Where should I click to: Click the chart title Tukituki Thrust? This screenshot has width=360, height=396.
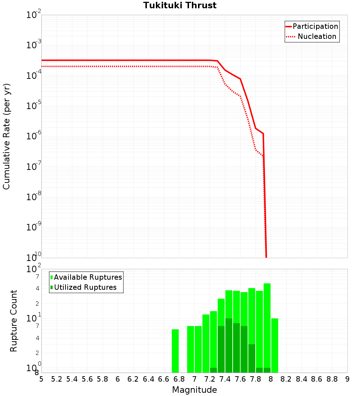point(180,5)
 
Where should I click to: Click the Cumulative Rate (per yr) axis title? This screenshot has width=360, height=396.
point(6,136)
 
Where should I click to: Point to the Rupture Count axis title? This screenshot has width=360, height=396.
point(13,320)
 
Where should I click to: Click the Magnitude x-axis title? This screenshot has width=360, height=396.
point(194,390)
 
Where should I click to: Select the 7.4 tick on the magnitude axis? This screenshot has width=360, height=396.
point(225,379)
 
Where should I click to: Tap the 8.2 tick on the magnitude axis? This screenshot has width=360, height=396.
point(286,379)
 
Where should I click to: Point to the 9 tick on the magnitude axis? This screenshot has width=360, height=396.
point(347,379)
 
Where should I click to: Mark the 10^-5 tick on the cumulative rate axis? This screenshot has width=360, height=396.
point(34,106)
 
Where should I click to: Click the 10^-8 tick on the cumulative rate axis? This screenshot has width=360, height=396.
point(34,197)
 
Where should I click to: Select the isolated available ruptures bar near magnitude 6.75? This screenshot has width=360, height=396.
point(175,351)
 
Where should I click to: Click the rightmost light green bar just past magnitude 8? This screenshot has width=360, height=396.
point(275,346)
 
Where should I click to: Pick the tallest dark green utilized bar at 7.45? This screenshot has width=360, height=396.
point(229,346)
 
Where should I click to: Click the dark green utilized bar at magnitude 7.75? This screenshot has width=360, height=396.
point(252,358)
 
